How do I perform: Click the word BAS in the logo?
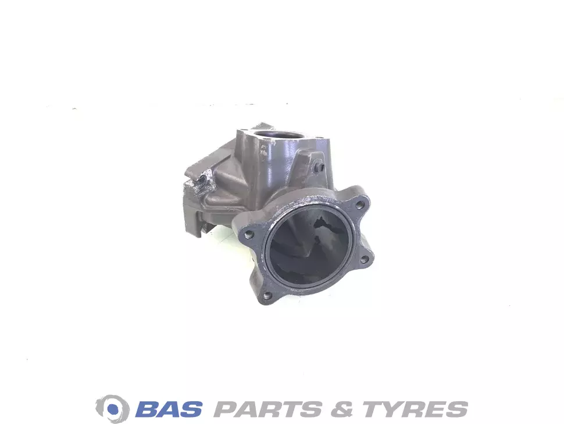click(169, 409)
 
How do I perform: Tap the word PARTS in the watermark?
click(267, 409)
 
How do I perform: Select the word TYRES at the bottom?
click(415, 409)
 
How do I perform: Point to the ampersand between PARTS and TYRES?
click(342, 409)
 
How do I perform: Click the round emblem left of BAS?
click(113, 409)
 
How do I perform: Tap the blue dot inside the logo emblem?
click(113, 409)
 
